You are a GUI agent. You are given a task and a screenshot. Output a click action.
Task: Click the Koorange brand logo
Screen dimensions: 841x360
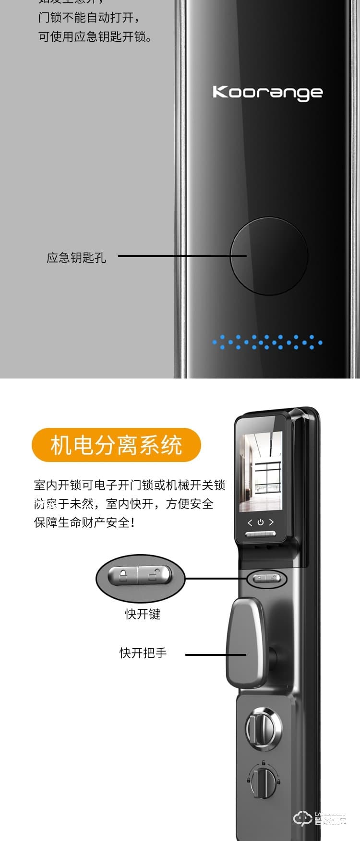267,92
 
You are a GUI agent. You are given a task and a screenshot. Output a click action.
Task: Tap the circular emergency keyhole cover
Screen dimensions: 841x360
269,256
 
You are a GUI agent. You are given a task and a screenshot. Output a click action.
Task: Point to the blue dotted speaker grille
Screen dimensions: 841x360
267,342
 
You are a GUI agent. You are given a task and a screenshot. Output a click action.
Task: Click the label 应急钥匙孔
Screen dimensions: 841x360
76,258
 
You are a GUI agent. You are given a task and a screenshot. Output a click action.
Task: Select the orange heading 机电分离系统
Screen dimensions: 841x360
116,445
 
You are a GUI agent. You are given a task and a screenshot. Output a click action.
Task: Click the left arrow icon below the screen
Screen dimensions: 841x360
249,522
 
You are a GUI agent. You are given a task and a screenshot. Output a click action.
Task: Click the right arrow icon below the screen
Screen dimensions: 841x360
272,522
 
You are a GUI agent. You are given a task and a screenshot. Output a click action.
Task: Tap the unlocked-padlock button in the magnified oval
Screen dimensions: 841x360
155,575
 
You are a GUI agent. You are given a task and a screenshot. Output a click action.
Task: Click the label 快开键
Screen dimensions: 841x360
143,614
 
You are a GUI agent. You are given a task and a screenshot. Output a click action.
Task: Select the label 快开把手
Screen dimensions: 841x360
143,653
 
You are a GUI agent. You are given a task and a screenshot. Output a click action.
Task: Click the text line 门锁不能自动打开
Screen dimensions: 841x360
89,18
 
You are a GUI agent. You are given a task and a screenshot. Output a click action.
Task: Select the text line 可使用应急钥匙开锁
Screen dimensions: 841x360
95,37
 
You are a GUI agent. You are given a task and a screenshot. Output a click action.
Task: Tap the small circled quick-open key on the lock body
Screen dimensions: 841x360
267,579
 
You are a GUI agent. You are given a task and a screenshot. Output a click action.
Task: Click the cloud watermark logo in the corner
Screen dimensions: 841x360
302,818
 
